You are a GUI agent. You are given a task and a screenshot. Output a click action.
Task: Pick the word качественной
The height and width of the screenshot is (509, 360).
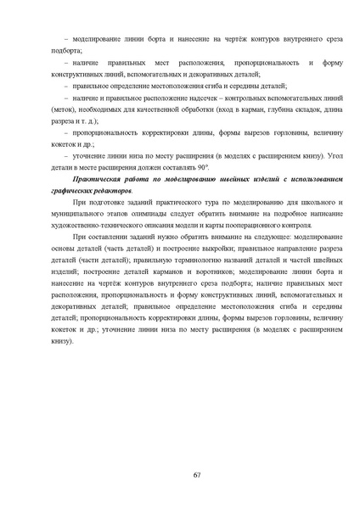click(x=143, y=111)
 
